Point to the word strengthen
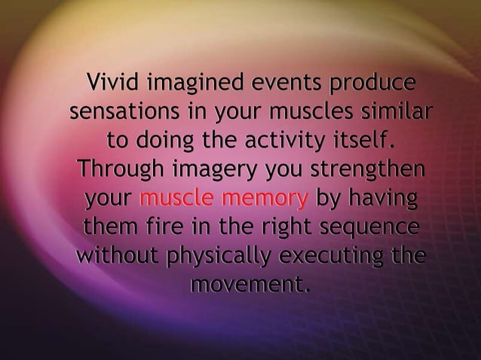[x=364, y=171]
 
